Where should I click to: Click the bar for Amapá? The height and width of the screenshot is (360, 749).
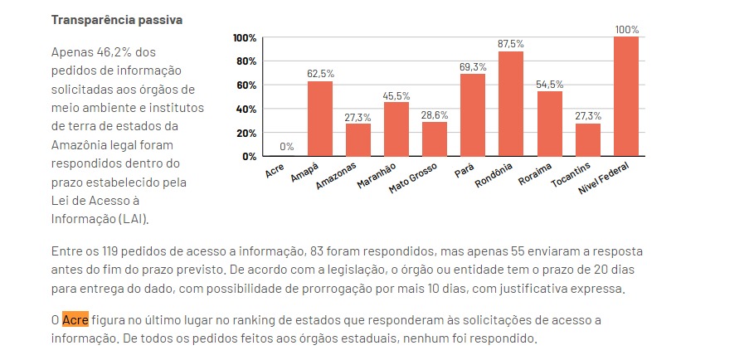[x=320, y=119]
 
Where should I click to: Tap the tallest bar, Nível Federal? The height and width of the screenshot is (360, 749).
[x=626, y=96]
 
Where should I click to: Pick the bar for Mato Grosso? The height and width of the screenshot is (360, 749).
[x=435, y=139]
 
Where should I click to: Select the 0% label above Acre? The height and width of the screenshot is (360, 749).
[x=287, y=147]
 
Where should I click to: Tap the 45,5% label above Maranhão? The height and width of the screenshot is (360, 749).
[x=396, y=96]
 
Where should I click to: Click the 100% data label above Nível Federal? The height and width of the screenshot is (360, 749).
[x=627, y=29]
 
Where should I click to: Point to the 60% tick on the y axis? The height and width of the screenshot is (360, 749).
[x=245, y=85]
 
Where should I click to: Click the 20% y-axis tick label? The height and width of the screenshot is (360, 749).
[x=245, y=133]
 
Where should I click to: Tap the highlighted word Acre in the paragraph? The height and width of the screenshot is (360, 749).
[x=75, y=320]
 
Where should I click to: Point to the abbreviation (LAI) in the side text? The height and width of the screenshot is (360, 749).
[x=133, y=219]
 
